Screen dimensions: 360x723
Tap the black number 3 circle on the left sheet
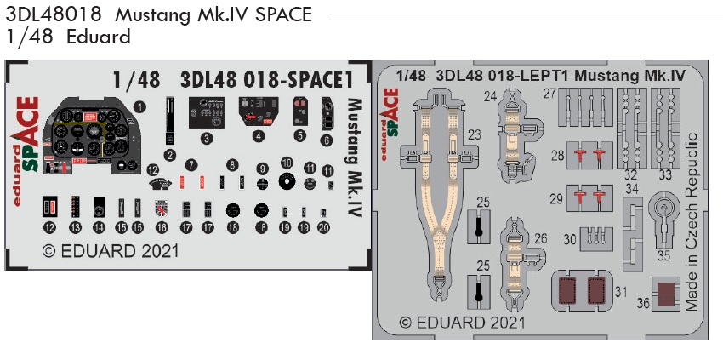point(206,138)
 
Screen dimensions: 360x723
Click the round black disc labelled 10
point(287,181)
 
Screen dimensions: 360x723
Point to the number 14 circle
point(99,228)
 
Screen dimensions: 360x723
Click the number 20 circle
point(323,227)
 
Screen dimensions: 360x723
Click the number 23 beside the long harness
point(475,134)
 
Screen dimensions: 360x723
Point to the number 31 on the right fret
point(623,292)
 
